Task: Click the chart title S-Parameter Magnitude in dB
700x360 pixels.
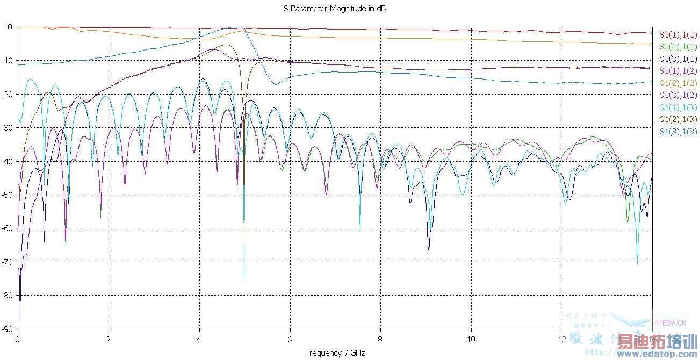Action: pyautogui.click(x=335, y=9)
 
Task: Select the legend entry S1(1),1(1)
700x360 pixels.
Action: pyautogui.click(x=677, y=35)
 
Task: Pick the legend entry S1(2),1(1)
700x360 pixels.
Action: pyautogui.click(x=677, y=47)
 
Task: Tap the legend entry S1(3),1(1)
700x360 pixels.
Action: pyautogui.click(x=677, y=59)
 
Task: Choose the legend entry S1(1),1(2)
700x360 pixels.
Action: pyautogui.click(x=677, y=71)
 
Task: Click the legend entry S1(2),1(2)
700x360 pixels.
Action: pyautogui.click(x=677, y=83)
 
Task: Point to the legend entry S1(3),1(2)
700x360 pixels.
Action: pyautogui.click(x=677, y=95)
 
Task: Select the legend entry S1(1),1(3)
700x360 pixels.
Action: pyautogui.click(x=677, y=107)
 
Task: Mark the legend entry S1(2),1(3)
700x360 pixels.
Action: pyautogui.click(x=677, y=119)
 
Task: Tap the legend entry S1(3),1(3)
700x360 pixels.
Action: pyautogui.click(x=677, y=132)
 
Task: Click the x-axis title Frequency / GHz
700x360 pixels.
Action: pyautogui.click(x=335, y=353)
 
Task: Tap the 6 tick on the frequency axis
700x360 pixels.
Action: pyautogui.click(x=290, y=340)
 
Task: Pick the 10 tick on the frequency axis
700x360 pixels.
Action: pyautogui.click(x=471, y=340)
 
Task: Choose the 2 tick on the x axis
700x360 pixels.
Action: pyautogui.click(x=109, y=340)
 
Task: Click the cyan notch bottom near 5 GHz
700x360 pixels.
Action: pyautogui.click(x=244, y=277)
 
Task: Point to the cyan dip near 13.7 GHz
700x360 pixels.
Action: pyautogui.click(x=638, y=263)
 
